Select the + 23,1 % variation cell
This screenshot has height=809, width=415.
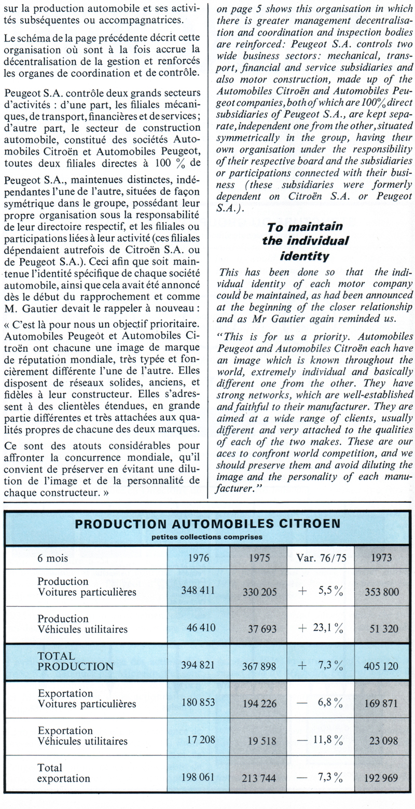pos(320,628)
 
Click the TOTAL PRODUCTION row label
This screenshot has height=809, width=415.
pos(75,662)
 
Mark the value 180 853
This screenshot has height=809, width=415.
pos(198,702)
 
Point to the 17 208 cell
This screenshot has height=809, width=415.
pos(201,739)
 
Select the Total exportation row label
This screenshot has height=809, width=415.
pos(64,773)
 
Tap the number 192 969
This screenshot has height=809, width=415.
pos(381,778)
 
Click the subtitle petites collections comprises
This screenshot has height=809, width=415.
pos(207,537)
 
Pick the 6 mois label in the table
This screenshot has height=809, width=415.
pos(53,558)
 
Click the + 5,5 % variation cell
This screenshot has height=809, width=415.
pos(320,591)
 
